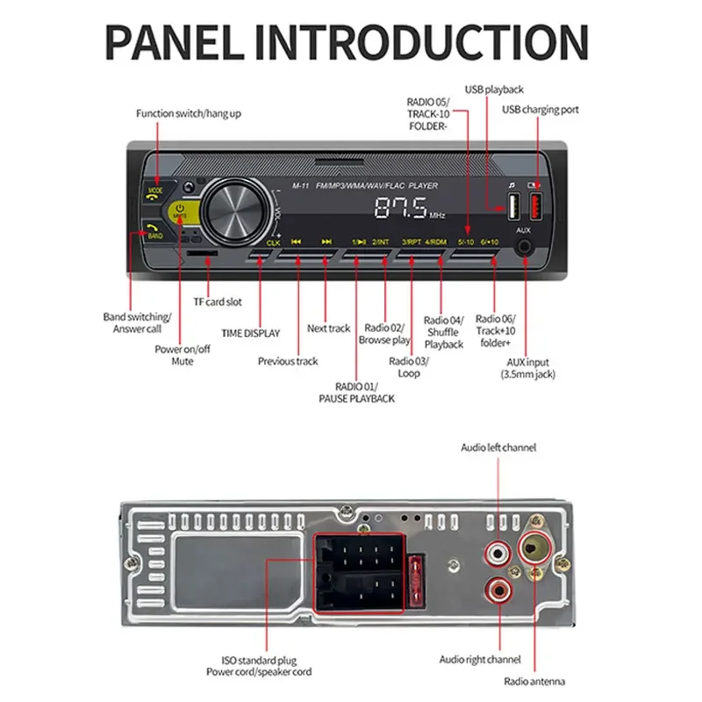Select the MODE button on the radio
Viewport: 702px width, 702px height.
155,190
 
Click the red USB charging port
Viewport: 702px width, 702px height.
535,207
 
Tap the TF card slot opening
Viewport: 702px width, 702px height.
203,253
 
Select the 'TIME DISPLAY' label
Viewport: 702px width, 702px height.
250,333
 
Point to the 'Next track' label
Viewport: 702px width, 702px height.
329,328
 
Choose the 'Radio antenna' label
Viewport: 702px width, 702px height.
534,681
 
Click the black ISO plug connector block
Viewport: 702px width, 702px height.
362,573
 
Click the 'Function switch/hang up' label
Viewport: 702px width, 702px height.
189,113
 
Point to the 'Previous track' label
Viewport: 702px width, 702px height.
288,361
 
